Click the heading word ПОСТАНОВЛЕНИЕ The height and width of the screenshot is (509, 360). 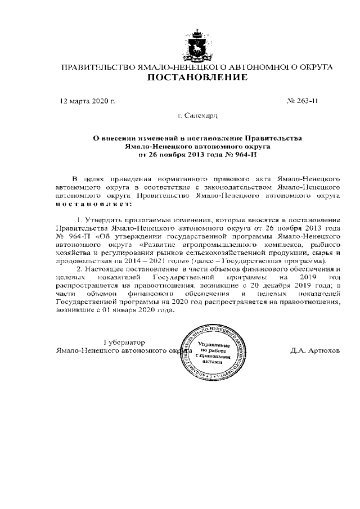pos(196,78)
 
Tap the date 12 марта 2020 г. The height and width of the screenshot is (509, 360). pos(87,102)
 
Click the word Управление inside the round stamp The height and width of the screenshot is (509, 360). pos(214,345)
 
